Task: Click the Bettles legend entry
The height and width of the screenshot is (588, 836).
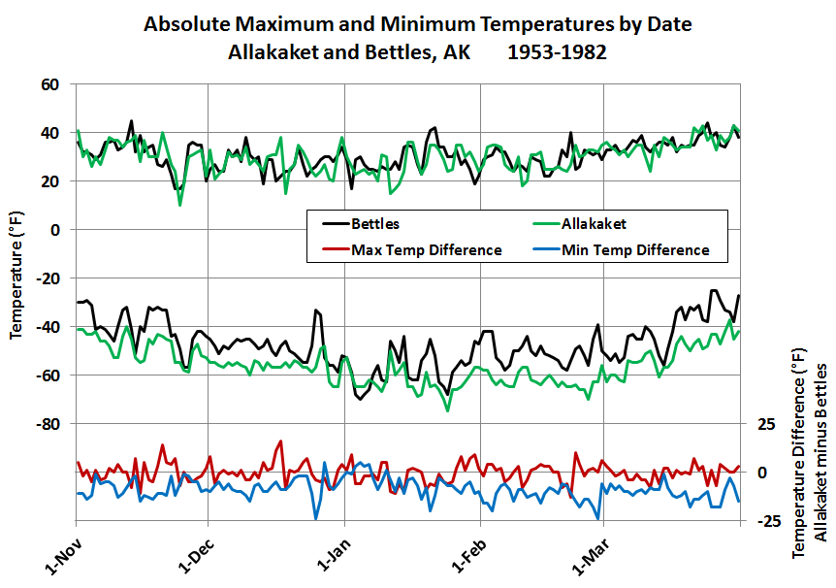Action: click(x=375, y=224)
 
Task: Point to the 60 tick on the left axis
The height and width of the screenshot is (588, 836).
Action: click(x=50, y=84)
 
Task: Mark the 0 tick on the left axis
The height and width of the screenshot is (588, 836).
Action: click(x=55, y=230)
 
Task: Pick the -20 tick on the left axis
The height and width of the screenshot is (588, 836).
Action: click(x=48, y=278)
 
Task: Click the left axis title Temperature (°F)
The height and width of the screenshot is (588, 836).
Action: click(x=16, y=278)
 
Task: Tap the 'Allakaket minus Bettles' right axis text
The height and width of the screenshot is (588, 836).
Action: click(x=820, y=453)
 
